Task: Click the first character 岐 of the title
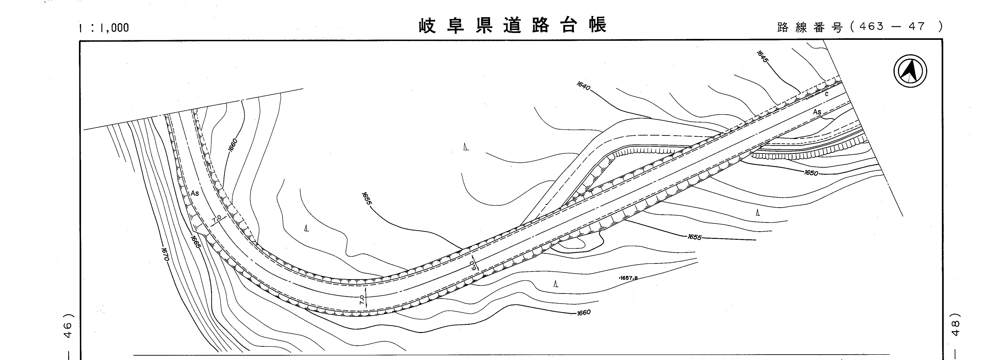click(427, 26)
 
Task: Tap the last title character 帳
click(597, 26)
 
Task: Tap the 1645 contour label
click(762, 57)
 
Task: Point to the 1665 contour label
click(195, 242)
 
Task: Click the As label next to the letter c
click(817, 112)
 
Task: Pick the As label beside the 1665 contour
click(195, 193)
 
